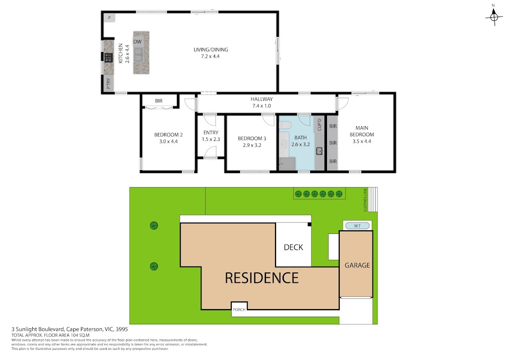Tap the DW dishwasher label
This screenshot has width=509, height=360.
(x=137, y=42)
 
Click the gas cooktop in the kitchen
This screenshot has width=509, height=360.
(x=109, y=57)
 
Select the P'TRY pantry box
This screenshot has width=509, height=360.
(x=109, y=84)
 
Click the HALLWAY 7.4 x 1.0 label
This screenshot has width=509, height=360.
(x=262, y=102)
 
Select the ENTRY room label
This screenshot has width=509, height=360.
(x=211, y=132)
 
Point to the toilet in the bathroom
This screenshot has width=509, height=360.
(x=285, y=125)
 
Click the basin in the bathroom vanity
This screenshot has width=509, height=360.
(x=319, y=151)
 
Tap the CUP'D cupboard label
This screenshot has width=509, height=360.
(x=319, y=125)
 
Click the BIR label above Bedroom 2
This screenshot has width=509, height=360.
(x=159, y=101)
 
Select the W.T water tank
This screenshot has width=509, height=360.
(x=357, y=226)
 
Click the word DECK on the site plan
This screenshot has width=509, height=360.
(x=294, y=247)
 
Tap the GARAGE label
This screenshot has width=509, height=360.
(x=357, y=265)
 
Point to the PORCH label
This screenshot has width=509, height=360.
(x=239, y=309)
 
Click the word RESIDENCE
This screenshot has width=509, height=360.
(x=262, y=278)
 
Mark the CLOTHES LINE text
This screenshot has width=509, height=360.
(x=365, y=200)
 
